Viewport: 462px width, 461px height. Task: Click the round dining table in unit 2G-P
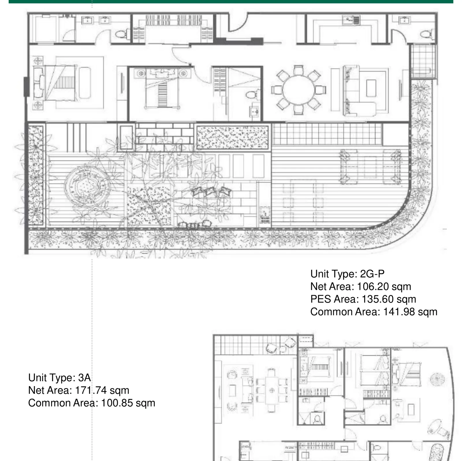tap(298, 90)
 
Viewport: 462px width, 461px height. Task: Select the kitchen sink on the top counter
tap(351, 20)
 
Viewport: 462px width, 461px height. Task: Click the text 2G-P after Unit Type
tap(372, 274)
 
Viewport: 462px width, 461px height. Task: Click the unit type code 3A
tap(84, 377)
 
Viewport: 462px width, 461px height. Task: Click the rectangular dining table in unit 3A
tap(272, 390)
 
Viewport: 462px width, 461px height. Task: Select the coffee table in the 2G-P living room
tap(371, 88)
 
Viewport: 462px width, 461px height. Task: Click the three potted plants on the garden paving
tap(211, 191)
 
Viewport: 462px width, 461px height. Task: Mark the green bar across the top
tap(231, 2)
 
